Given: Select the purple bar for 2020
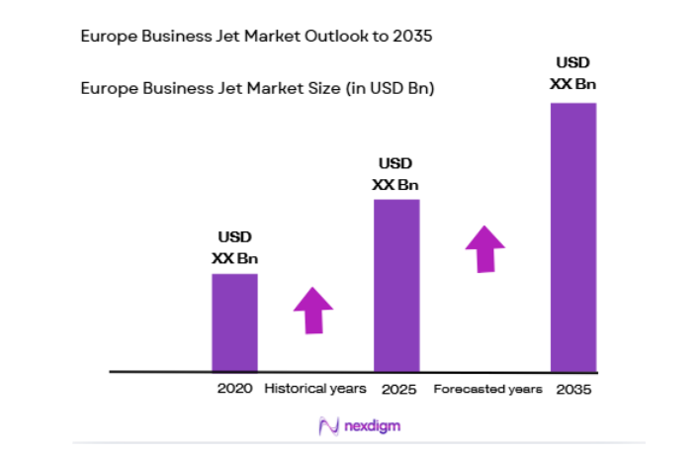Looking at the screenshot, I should point(234,322).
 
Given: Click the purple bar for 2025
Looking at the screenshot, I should point(395,285).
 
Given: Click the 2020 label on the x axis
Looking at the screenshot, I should point(234,389).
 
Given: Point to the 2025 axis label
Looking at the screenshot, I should point(395,389).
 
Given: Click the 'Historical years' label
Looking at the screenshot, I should point(314,389).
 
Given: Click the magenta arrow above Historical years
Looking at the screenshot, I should point(313,310).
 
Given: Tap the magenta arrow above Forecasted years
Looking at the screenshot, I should point(485,248).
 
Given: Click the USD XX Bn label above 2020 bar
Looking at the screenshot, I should point(234,247).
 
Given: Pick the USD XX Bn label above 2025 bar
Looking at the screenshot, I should point(395,173).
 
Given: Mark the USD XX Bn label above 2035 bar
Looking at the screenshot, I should point(573,73).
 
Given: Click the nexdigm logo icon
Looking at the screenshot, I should point(328,426).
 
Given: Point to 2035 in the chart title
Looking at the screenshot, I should point(412,37).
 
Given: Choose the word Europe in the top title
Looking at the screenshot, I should point(106,37).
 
